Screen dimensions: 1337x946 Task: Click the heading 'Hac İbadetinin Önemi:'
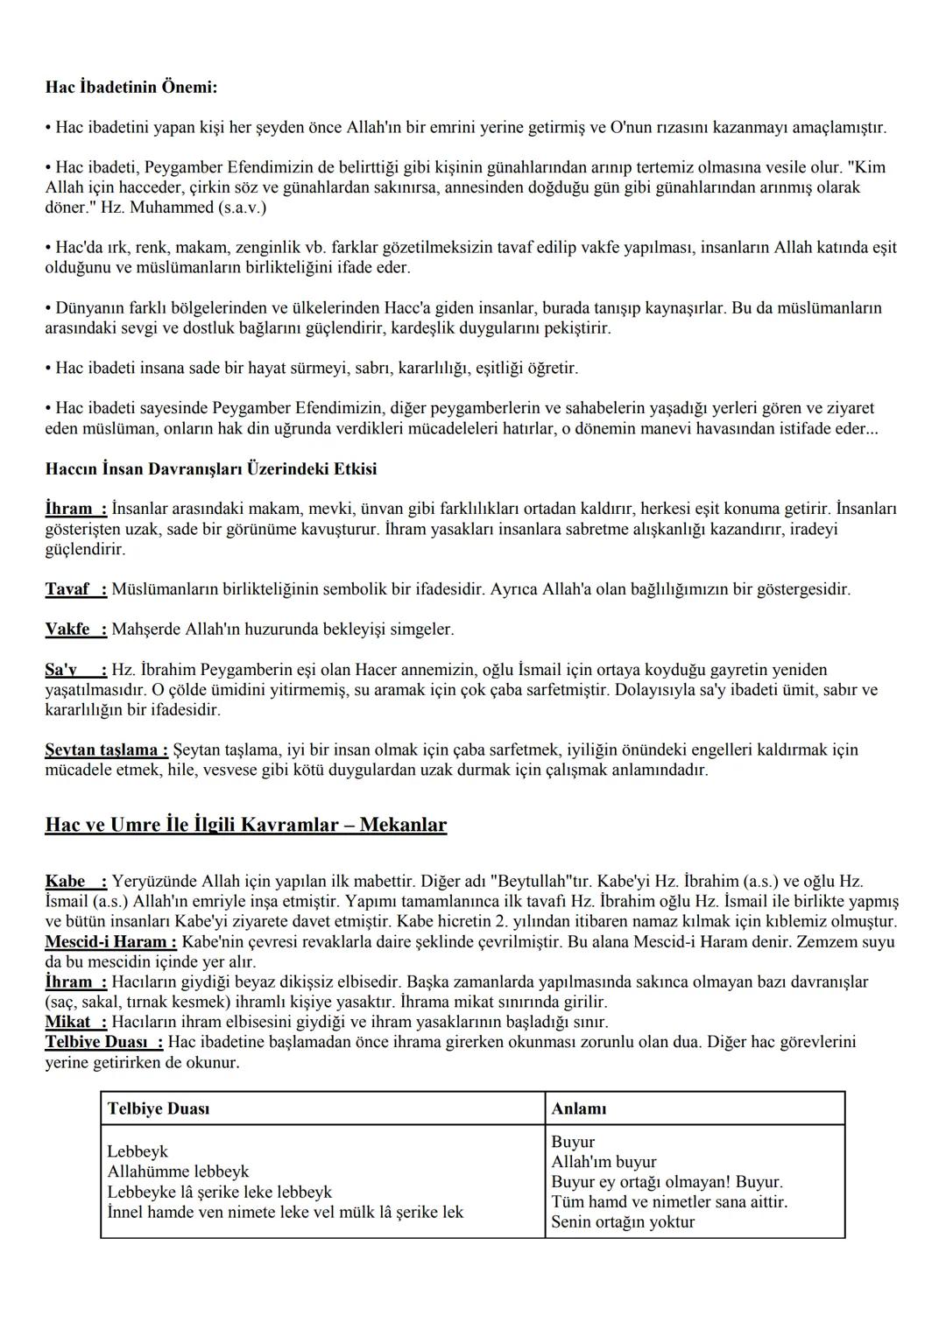pyautogui.click(x=131, y=88)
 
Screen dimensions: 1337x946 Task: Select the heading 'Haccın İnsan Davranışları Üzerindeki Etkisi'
pyautogui.click(x=211, y=469)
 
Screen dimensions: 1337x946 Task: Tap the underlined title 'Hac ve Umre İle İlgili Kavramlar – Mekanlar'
pyautogui.click(x=245, y=825)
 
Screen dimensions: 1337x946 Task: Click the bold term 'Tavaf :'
pyautogui.click(x=75, y=589)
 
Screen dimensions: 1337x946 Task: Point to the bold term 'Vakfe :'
pyautogui.click(x=75, y=630)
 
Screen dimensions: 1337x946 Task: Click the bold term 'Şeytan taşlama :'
pyautogui.click(x=106, y=749)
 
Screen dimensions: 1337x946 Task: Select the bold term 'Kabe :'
pyautogui.click(x=75, y=881)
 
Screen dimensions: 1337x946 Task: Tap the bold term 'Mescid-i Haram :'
pyautogui.click(x=110, y=941)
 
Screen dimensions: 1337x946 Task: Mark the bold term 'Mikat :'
pyautogui.click(x=75, y=1022)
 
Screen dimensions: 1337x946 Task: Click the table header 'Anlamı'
pyautogui.click(x=579, y=1108)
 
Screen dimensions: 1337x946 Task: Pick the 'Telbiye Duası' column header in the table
pyautogui.click(x=159, y=1108)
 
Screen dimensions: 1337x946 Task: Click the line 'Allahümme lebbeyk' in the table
pyautogui.click(x=178, y=1172)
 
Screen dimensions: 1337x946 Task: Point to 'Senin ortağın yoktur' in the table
pyautogui.click(x=623, y=1222)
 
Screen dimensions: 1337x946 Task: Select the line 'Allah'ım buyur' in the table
pyautogui.click(x=604, y=1162)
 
